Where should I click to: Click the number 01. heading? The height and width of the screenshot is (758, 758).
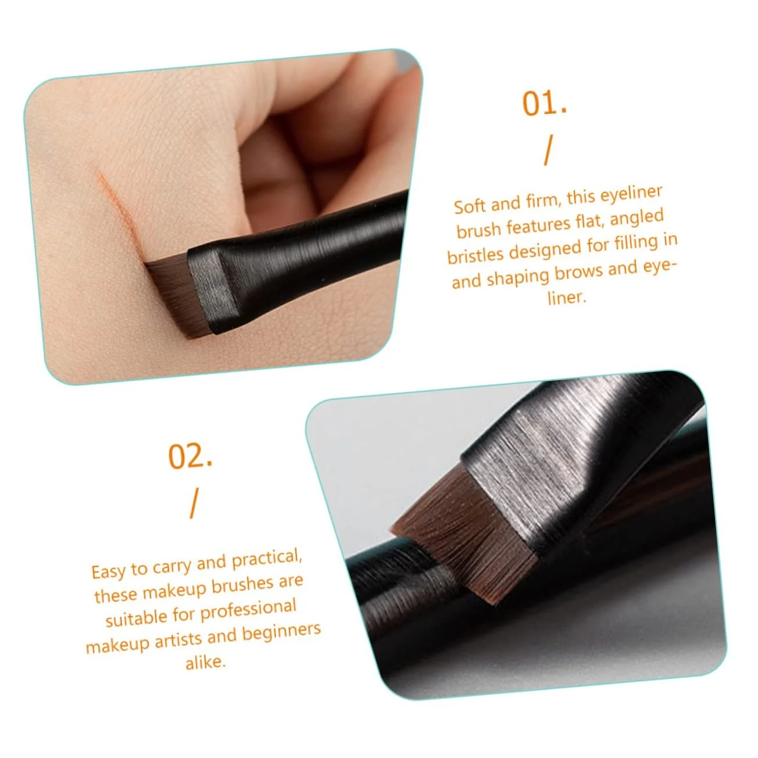pos(545,103)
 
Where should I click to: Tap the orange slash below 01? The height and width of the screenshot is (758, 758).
pos(548,150)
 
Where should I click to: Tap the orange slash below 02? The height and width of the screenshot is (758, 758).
pos(194,503)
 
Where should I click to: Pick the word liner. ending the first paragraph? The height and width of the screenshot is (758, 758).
pos(566,298)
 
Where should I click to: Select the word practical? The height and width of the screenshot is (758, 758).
pos(267,559)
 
